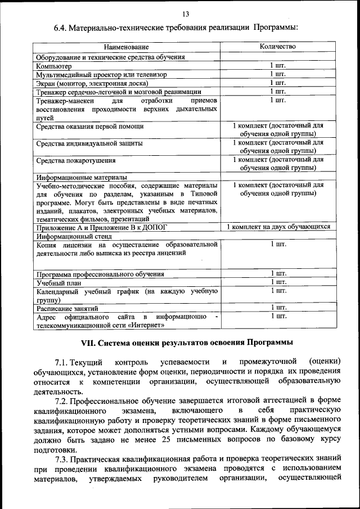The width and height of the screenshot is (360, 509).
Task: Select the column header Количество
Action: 278,46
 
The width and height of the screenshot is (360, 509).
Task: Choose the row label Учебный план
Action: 58,282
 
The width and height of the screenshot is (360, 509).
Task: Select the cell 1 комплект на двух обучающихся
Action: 278,227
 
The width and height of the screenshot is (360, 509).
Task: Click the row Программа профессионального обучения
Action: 100,274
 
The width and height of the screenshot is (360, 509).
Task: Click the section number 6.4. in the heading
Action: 60,28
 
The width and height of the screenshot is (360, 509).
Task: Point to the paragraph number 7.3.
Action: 64,459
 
